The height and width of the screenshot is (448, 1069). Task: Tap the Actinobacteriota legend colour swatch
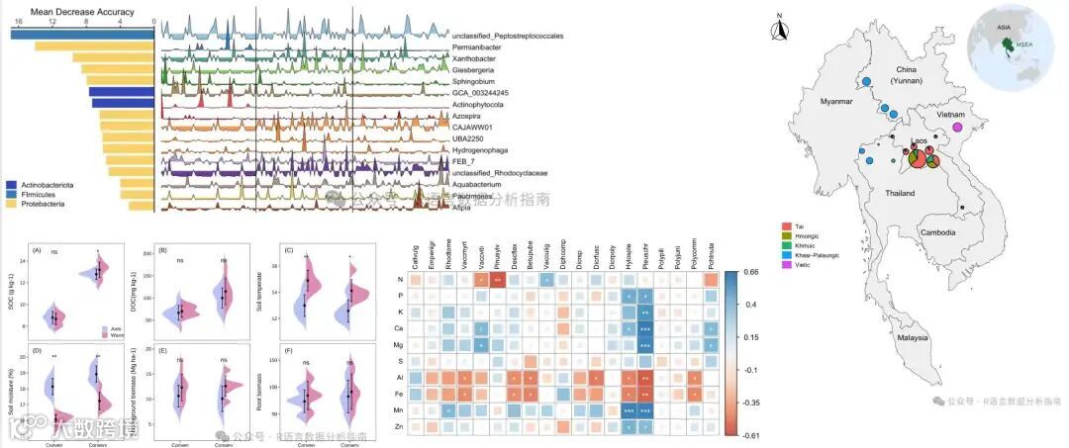click(x=12, y=184)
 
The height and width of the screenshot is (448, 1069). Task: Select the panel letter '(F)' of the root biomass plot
click(x=286, y=352)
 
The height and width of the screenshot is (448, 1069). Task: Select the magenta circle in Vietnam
click(x=956, y=127)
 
